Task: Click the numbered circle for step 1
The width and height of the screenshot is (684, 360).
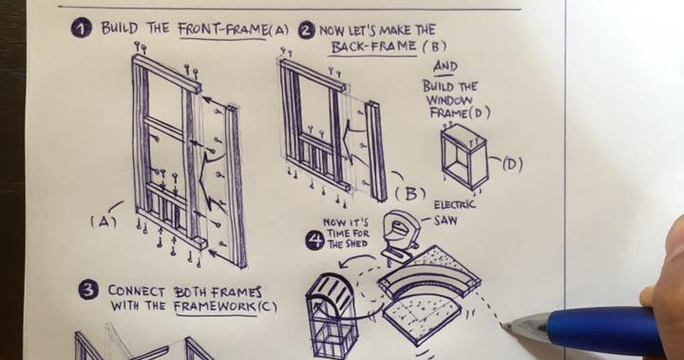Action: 81,28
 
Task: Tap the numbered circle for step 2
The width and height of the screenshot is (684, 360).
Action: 307,30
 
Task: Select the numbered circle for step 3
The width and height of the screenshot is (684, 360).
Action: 88,290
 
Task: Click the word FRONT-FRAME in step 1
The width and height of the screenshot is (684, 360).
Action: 223,29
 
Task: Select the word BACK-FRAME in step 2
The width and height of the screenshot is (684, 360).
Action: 374,47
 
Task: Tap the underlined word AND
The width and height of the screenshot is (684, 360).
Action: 446,66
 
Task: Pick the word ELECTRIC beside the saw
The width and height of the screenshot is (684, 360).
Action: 454,205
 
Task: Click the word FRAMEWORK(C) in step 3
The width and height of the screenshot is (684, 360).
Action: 225,306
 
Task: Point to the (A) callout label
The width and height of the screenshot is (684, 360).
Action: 104,221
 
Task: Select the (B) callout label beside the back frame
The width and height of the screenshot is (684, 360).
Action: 410,194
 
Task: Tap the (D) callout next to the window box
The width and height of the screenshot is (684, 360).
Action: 512,164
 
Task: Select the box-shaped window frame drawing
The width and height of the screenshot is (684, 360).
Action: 464,155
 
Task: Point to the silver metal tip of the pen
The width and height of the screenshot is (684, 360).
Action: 524,331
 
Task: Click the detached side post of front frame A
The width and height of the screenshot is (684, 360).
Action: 236,187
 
